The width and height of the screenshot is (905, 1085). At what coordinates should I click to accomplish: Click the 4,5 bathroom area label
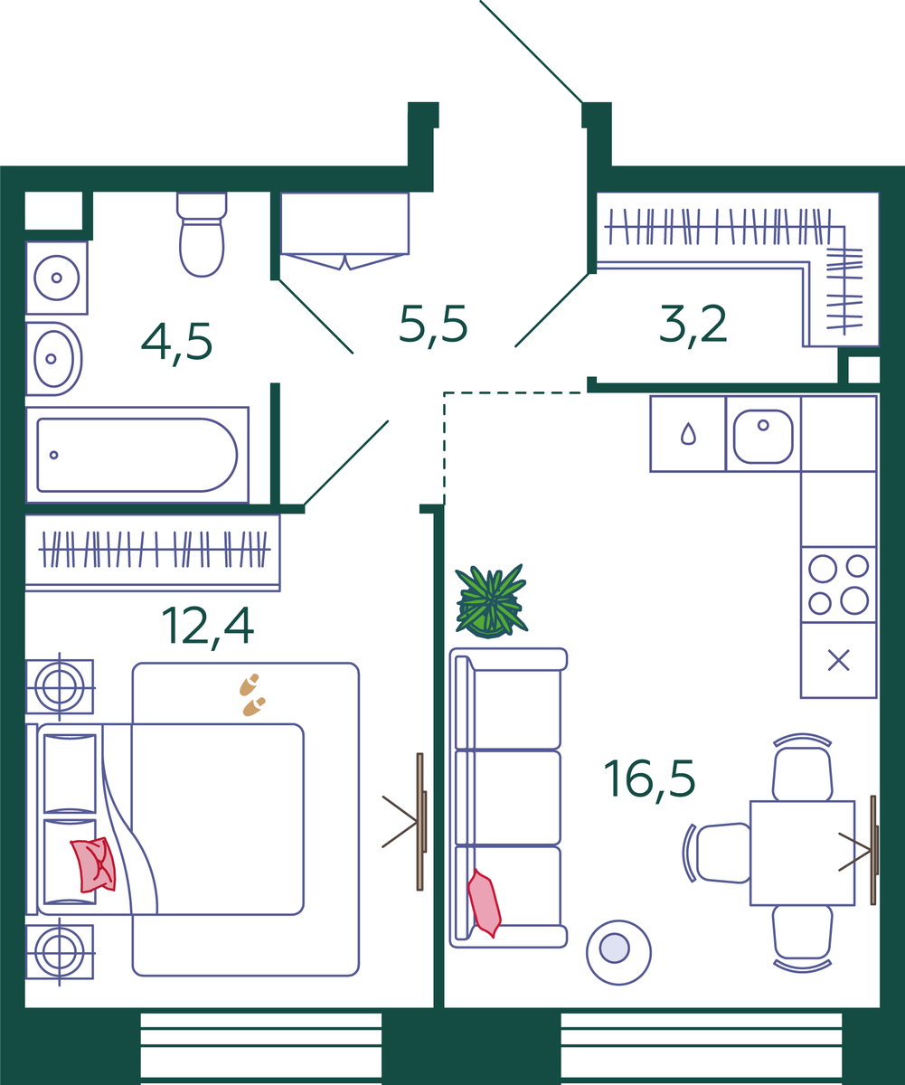(x=176, y=343)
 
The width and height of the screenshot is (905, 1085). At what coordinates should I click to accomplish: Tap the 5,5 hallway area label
(x=433, y=325)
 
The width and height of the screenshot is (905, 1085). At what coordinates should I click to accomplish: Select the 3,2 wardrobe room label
(x=693, y=325)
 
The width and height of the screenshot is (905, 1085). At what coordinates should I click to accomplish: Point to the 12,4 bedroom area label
(x=208, y=627)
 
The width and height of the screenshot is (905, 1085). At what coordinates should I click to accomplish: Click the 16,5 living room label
(x=649, y=780)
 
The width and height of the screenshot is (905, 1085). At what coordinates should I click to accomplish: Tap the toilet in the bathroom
(x=202, y=234)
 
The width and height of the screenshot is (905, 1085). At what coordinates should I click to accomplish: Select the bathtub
(x=137, y=455)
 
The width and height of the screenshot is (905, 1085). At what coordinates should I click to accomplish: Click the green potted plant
(x=491, y=601)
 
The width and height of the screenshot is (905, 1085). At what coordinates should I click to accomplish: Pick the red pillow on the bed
(x=93, y=865)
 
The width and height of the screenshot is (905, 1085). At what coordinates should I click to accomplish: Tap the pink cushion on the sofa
(x=485, y=903)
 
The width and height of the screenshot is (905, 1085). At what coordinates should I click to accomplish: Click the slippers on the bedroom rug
(x=252, y=694)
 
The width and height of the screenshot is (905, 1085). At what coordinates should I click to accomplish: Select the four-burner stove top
(x=838, y=585)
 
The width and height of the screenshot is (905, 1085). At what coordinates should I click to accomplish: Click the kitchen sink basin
(x=763, y=437)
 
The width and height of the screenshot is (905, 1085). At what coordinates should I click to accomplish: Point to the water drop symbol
(x=688, y=433)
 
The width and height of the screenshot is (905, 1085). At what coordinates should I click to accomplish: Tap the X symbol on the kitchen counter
(x=838, y=660)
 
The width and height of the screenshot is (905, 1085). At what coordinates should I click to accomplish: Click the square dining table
(x=802, y=854)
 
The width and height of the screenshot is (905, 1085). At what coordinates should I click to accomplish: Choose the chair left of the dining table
(x=718, y=854)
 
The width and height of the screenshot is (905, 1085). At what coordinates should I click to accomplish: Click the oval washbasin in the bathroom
(x=54, y=359)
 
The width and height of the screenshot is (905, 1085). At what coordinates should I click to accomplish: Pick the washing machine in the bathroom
(x=57, y=278)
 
